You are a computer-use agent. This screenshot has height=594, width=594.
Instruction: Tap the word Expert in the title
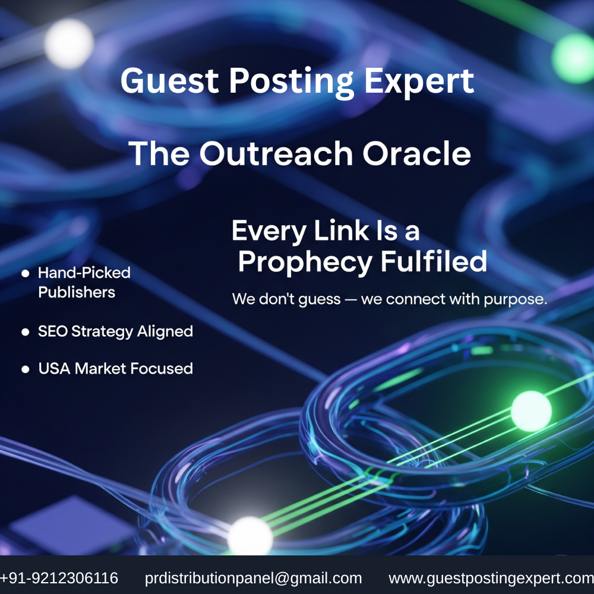click(419, 81)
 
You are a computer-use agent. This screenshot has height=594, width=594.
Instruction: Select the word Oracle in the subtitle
click(417, 153)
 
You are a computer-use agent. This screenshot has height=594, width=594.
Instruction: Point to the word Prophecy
click(305, 263)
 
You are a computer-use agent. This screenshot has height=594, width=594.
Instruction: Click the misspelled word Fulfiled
click(434, 261)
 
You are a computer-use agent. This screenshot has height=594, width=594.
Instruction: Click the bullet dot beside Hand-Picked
click(26, 273)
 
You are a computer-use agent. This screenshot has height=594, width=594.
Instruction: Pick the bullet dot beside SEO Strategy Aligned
click(26, 332)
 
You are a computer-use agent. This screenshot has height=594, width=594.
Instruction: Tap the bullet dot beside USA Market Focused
click(26, 369)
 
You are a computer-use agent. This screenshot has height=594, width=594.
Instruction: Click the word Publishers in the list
click(77, 292)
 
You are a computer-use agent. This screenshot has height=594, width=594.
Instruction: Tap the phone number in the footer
click(59, 578)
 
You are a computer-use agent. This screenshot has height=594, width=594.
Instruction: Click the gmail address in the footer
click(253, 579)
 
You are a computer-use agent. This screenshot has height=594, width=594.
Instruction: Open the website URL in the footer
click(491, 579)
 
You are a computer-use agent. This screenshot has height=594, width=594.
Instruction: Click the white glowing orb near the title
click(68, 43)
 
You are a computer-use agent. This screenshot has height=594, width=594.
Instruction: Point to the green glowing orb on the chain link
click(531, 411)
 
